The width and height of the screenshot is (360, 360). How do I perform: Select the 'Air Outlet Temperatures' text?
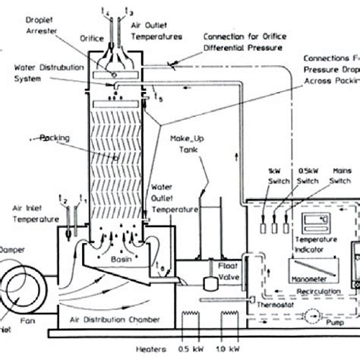pos(157,30)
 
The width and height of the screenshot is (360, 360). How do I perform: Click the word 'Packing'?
pos(55,139)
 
